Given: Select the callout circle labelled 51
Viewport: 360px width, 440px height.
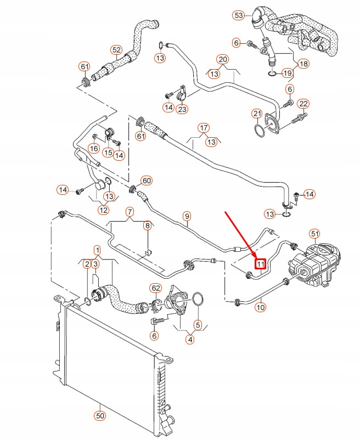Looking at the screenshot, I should click(x=314, y=234).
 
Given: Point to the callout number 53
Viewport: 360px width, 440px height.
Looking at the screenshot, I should click(x=239, y=15).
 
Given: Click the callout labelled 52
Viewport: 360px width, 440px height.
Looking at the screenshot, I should click(x=116, y=50).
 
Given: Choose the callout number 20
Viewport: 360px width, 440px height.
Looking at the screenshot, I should click(x=222, y=59).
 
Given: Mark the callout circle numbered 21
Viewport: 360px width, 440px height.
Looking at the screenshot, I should click(x=257, y=114).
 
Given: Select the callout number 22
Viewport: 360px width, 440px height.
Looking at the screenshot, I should click(x=303, y=104).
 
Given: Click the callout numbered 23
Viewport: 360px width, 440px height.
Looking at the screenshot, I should click(x=182, y=109).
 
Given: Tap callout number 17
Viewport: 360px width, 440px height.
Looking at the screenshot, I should click(x=204, y=128).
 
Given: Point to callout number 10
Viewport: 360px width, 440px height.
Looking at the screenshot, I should click(x=260, y=308).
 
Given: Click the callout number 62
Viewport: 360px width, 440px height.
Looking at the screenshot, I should click(x=155, y=287).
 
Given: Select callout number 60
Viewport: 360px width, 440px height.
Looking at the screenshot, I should click(x=146, y=180).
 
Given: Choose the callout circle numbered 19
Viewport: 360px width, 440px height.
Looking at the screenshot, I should click(x=287, y=73).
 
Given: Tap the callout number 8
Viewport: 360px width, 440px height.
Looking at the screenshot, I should click(x=147, y=225).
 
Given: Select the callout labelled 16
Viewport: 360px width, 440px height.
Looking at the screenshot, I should click(x=94, y=148).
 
